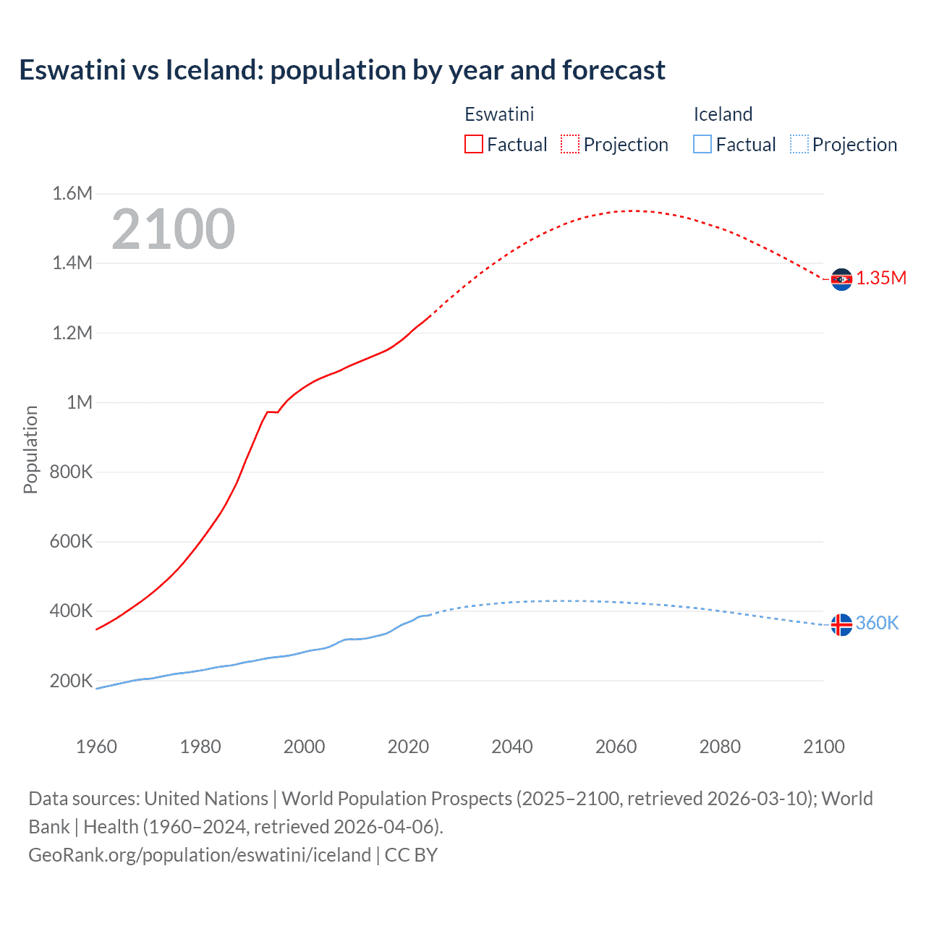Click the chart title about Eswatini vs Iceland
point(341,70)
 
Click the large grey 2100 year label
point(173,229)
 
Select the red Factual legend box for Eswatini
point(474,144)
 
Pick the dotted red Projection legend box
point(570,144)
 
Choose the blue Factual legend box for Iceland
point(702,144)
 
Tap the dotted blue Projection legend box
point(799,144)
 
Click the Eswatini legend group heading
point(499,114)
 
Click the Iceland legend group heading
point(723,114)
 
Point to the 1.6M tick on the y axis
point(72,193)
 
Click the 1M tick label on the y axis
point(80,402)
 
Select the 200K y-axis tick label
point(71,681)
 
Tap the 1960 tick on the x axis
point(96,747)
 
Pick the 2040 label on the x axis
point(512,747)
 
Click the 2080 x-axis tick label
point(720,747)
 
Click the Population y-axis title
point(30,449)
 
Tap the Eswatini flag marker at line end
point(841,279)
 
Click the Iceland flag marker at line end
point(841,624)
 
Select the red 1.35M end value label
point(881,279)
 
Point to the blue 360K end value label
point(877,623)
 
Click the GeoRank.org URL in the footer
point(200,855)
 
